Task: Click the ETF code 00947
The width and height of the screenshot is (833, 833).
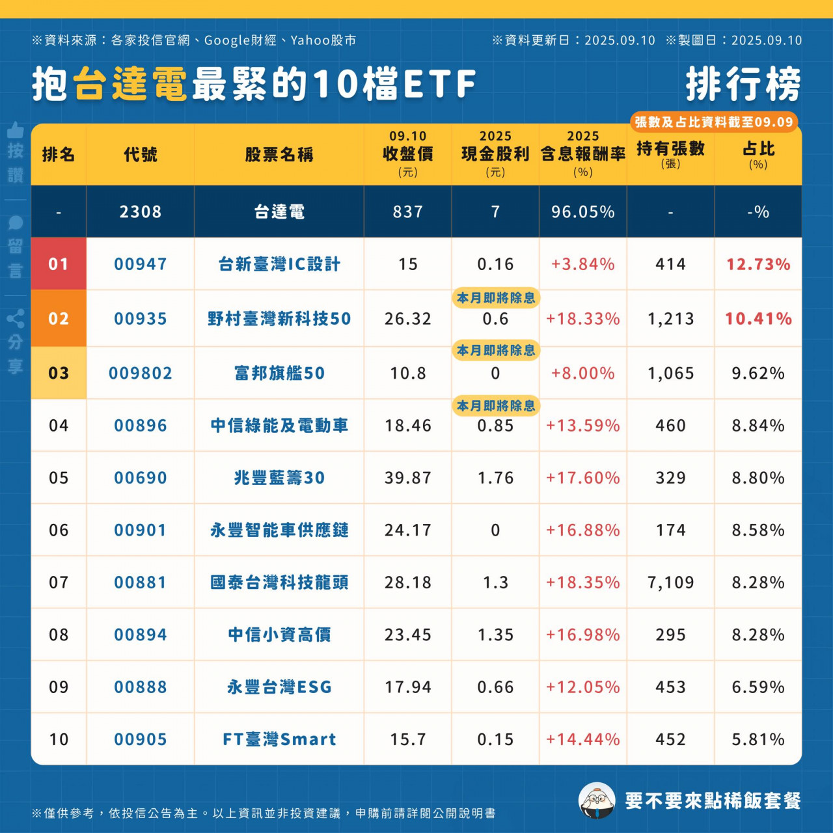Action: tap(140, 264)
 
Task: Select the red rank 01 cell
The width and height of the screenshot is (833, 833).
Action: tap(59, 264)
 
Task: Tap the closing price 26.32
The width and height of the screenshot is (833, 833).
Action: tap(408, 319)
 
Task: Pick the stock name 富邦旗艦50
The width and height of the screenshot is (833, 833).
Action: tap(279, 374)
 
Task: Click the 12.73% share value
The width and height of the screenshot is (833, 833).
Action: tap(758, 264)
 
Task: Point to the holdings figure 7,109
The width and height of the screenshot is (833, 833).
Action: tap(670, 582)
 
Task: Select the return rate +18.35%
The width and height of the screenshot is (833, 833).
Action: tap(582, 582)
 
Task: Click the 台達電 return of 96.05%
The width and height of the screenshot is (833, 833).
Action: tap(582, 212)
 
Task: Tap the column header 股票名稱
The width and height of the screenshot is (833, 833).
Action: tap(279, 155)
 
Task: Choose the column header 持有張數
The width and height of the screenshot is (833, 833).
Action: tap(670, 150)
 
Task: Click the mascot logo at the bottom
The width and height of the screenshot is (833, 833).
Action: tap(596, 800)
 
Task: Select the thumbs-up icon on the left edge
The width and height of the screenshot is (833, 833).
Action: tap(16, 130)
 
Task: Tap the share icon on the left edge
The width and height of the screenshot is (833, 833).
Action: tap(16, 318)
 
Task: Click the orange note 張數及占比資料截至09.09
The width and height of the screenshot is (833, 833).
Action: tap(713, 122)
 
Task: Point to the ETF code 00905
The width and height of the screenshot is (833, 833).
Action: tap(140, 739)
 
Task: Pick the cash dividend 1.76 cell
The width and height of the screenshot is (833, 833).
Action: tap(495, 478)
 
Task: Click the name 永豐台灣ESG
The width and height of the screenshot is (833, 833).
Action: tap(279, 687)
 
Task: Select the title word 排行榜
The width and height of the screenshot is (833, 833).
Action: tap(743, 85)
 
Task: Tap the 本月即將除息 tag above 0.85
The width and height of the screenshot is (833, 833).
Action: tap(495, 406)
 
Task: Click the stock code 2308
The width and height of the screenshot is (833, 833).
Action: tap(140, 212)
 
